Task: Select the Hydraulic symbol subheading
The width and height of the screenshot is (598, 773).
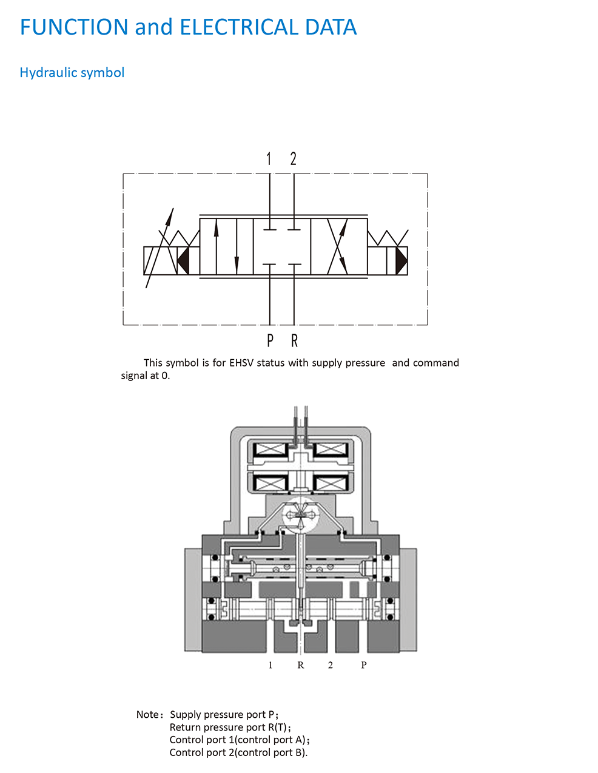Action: coord(72,73)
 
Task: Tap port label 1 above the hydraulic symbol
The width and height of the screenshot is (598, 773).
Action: coord(269,159)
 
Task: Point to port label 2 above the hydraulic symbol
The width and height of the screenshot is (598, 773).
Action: coord(294,159)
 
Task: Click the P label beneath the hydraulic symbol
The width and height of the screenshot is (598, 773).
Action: coord(270,340)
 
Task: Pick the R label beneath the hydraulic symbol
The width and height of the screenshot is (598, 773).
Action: coord(294,340)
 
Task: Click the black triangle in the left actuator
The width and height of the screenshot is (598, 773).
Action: coord(183,261)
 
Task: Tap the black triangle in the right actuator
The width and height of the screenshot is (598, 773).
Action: coord(401,261)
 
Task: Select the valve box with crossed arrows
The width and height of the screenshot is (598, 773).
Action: coord(338,247)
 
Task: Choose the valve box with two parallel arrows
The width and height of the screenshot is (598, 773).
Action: coord(226,247)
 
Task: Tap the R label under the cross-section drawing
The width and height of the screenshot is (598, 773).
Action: coord(300,665)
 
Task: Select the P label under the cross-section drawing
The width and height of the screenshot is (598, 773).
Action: coord(364,665)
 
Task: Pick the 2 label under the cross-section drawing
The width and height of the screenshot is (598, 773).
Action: coord(331,665)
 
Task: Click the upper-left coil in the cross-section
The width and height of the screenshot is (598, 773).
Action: coord(270,450)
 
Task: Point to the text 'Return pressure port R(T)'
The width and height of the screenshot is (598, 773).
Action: coord(229,727)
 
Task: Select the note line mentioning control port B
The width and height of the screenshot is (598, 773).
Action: coord(238,753)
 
